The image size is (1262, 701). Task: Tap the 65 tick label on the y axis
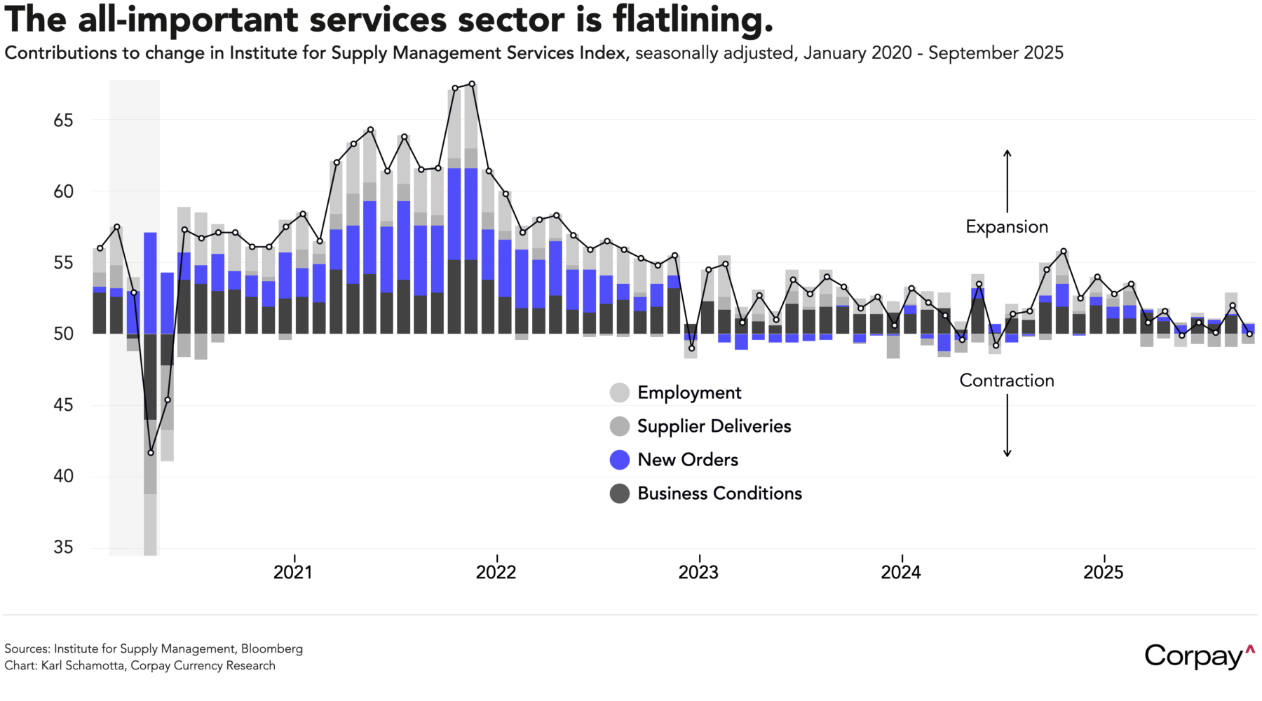[x=63, y=121]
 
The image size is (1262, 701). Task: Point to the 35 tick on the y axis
[x=63, y=547]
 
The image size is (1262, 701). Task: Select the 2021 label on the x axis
[x=293, y=573]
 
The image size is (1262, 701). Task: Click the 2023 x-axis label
[x=698, y=573]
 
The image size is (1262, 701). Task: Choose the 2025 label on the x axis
[x=1104, y=573]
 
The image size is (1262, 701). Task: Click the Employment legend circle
[x=620, y=393]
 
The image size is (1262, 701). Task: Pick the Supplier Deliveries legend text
[x=714, y=426]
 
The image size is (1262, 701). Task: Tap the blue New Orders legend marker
[x=620, y=460]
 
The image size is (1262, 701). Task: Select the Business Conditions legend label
[x=719, y=494]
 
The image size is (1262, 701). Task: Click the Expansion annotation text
[x=1007, y=227]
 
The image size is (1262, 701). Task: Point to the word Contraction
[x=1007, y=381]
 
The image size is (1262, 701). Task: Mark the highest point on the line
[x=472, y=84]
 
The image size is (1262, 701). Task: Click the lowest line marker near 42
[x=151, y=453]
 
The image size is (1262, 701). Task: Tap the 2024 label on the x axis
[x=901, y=573]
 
